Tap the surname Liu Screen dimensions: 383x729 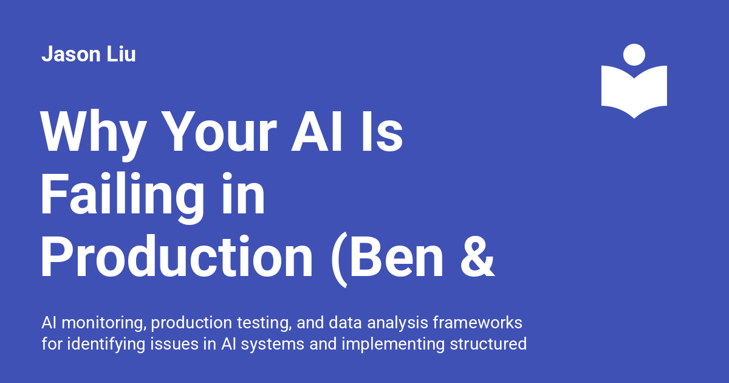(x=120, y=55)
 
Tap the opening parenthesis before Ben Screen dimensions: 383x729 (x=340, y=258)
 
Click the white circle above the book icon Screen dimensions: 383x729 (x=634, y=54)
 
